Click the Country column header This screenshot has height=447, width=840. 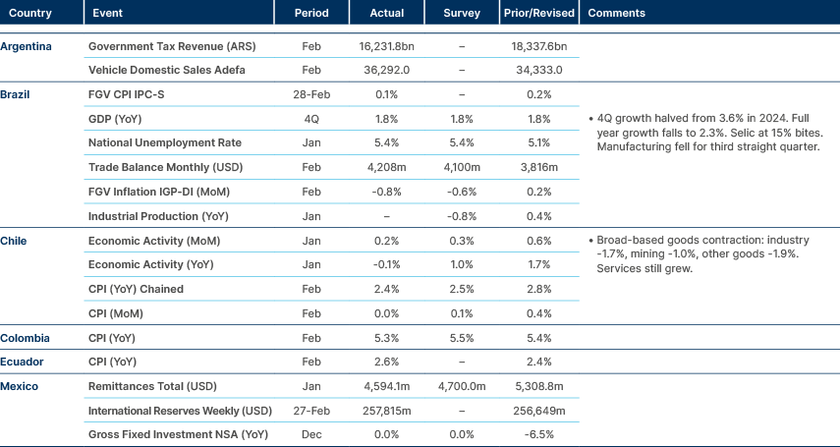pos(29,14)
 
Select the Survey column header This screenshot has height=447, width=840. pos(462,14)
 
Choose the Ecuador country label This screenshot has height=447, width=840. pos(24,362)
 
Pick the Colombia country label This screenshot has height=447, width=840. pos(26,338)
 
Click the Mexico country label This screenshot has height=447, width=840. pos(21,386)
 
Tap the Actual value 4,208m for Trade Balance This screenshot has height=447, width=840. pos(387,167)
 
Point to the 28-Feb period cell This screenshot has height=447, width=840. pos(310,94)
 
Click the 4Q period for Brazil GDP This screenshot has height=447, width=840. pos(310,119)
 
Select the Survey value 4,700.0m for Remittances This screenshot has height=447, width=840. pos(462,386)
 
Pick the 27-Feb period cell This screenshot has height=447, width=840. pos(310,410)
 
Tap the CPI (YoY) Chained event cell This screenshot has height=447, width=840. pos(136,290)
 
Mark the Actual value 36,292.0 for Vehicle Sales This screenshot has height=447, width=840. pos(387,71)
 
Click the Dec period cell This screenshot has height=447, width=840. pos(310,434)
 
